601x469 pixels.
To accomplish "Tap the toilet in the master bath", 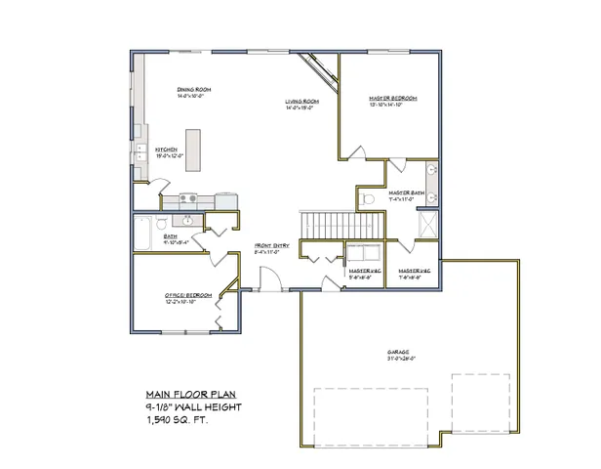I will tap(366, 198).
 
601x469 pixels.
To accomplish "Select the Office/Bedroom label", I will tap(176, 299).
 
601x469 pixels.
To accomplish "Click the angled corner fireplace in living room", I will tap(319, 70).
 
